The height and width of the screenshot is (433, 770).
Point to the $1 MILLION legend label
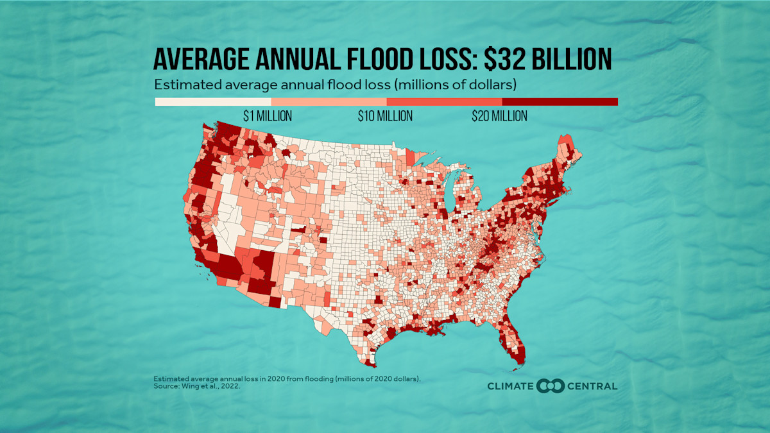tap(268, 116)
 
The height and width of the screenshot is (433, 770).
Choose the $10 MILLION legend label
tap(385, 116)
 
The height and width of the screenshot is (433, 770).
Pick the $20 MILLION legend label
tap(500, 116)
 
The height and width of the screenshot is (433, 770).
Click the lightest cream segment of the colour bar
tap(213, 101)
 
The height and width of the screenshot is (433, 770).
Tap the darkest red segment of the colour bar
tap(560, 101)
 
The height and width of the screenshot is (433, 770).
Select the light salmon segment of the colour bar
tap(329, 101)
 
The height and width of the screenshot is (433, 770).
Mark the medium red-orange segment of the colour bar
tap(444, 101)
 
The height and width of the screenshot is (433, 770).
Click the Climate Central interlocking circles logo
tap(551, 386)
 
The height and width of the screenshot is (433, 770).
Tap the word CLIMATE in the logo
tap(511, 386)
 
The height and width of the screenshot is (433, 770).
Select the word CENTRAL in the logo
tap(592, 386)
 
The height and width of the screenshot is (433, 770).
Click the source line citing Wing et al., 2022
tap(192, 387)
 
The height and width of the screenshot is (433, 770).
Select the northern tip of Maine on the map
tap(565, 137)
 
